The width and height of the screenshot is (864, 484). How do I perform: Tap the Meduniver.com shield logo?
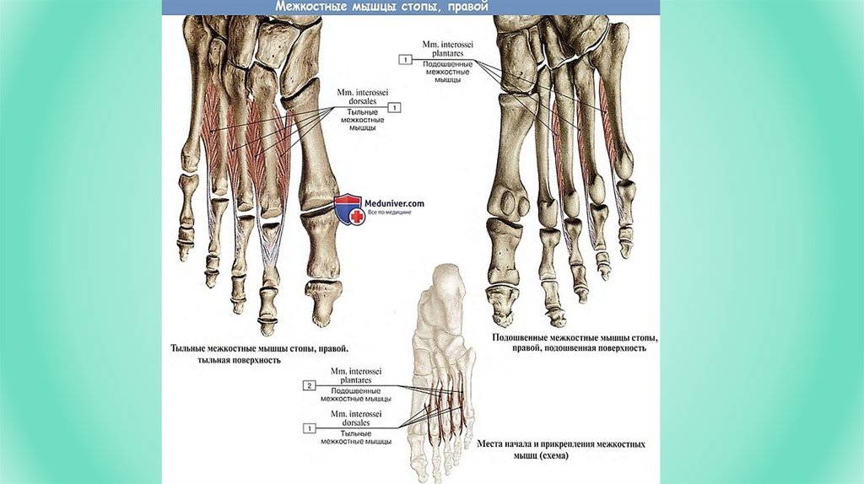[348, 208]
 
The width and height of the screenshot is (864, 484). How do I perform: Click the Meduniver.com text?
[394, 203]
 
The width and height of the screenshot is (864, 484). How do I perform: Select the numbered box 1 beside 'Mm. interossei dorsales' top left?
[395, 108]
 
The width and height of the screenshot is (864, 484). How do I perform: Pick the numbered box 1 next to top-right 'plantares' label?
[406, 60]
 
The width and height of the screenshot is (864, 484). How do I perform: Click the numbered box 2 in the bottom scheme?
[309, 385]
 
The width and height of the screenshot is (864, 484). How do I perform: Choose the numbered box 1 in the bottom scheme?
[309, 428]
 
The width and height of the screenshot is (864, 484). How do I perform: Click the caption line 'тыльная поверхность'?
[239, 360]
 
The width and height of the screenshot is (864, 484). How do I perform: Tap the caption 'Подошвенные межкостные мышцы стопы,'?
[576, 337]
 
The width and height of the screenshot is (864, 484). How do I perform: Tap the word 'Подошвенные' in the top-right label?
[446, 63]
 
